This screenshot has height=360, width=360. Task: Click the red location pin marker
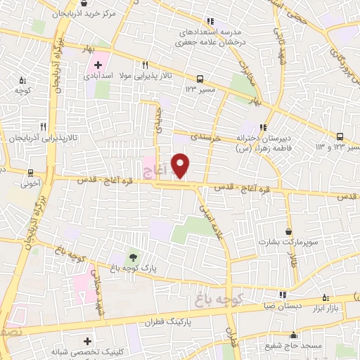(x=181, y=165)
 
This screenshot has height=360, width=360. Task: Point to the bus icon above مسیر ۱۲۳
(x=200, y=79)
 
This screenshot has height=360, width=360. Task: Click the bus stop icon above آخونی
(x=30, y=172)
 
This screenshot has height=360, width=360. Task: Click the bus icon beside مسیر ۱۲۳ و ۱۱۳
(x=340, y=136)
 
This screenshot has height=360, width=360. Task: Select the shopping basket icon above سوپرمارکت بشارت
(x=289, y=230)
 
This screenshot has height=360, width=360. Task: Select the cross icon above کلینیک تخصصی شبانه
(x=86, y=340)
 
